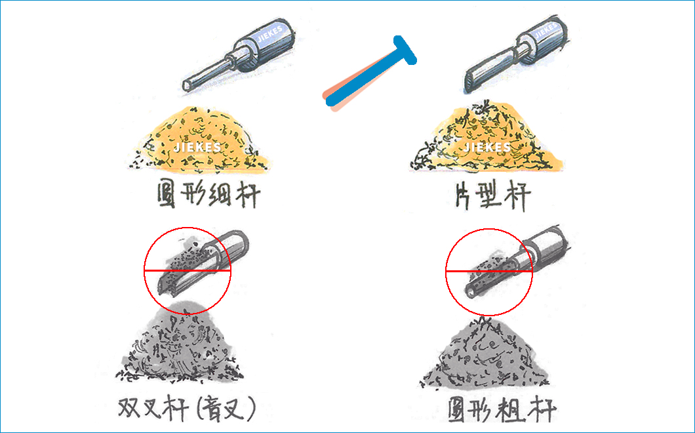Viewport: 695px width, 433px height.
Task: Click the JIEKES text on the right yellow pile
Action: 487,147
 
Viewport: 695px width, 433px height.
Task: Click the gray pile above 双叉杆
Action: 177,344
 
